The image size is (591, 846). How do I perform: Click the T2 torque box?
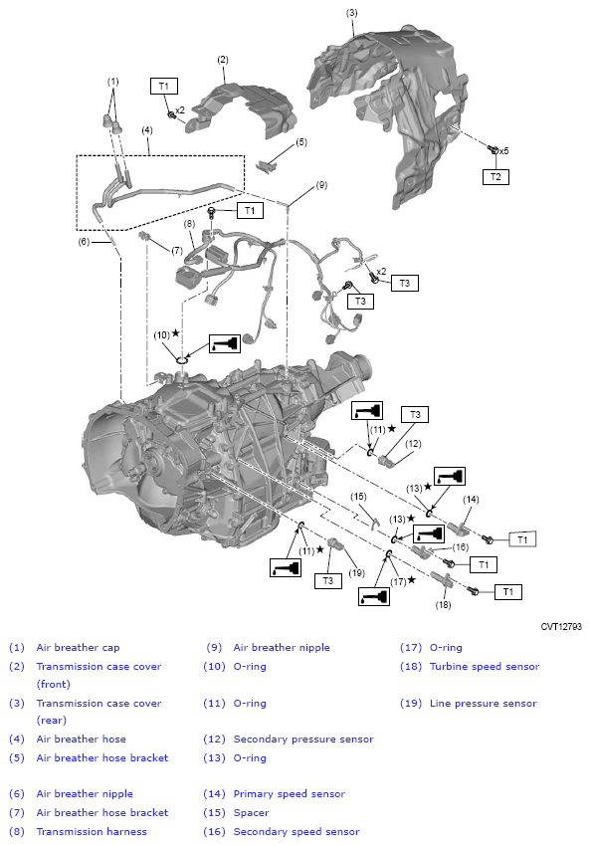point(495,176)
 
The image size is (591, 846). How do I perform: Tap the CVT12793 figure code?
point(561,626)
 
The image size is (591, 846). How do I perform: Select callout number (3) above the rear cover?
point(351,12)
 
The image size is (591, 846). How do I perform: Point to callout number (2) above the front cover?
point(223,60)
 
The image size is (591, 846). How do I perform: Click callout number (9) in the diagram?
point(321,185)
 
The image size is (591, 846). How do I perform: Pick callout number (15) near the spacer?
point(358,497)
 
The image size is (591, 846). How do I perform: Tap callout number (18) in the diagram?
point(444,605)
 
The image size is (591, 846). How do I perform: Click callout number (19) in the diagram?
point(356,573)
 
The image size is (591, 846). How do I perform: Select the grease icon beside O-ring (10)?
point(225,343)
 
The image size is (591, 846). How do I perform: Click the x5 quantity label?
point(503,151)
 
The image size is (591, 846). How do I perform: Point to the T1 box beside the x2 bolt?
point(164,86)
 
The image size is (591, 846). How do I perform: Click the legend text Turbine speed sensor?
point(485,666)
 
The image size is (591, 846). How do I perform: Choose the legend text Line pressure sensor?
point(484,703)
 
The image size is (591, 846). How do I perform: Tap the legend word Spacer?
point(252,812)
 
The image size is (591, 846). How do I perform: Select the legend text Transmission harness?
point(92,831)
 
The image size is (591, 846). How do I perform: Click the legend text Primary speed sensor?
point(289,793)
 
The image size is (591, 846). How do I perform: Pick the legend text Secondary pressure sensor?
point(303,740)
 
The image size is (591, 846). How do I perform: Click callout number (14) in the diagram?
point(471,500)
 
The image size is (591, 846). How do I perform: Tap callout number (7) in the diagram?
point(177,251)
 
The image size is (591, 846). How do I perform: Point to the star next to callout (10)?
point(175,333)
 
